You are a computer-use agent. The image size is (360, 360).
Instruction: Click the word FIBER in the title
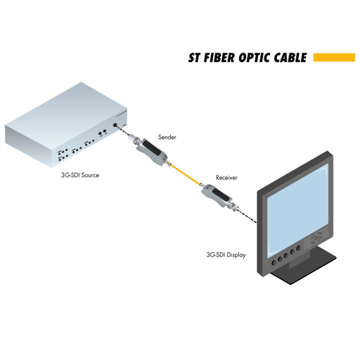(219, 58)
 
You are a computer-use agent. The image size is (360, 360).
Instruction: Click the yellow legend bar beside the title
(334, 58)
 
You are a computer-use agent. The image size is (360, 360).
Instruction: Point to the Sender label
(167, 137)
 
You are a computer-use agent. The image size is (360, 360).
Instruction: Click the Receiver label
(226, 178)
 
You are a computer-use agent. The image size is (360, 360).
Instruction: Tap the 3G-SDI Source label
(80, 175)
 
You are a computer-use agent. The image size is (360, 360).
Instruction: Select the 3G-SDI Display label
(226, 255)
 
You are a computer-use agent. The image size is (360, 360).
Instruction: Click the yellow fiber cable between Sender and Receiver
(185, 174)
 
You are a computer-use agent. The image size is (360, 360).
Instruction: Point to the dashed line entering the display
(247, 216)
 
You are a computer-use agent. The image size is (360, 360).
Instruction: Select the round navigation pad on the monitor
(316, 238)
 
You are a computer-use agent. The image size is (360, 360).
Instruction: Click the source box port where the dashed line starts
(115, 124)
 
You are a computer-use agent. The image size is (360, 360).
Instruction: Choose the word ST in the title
(194, 58)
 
